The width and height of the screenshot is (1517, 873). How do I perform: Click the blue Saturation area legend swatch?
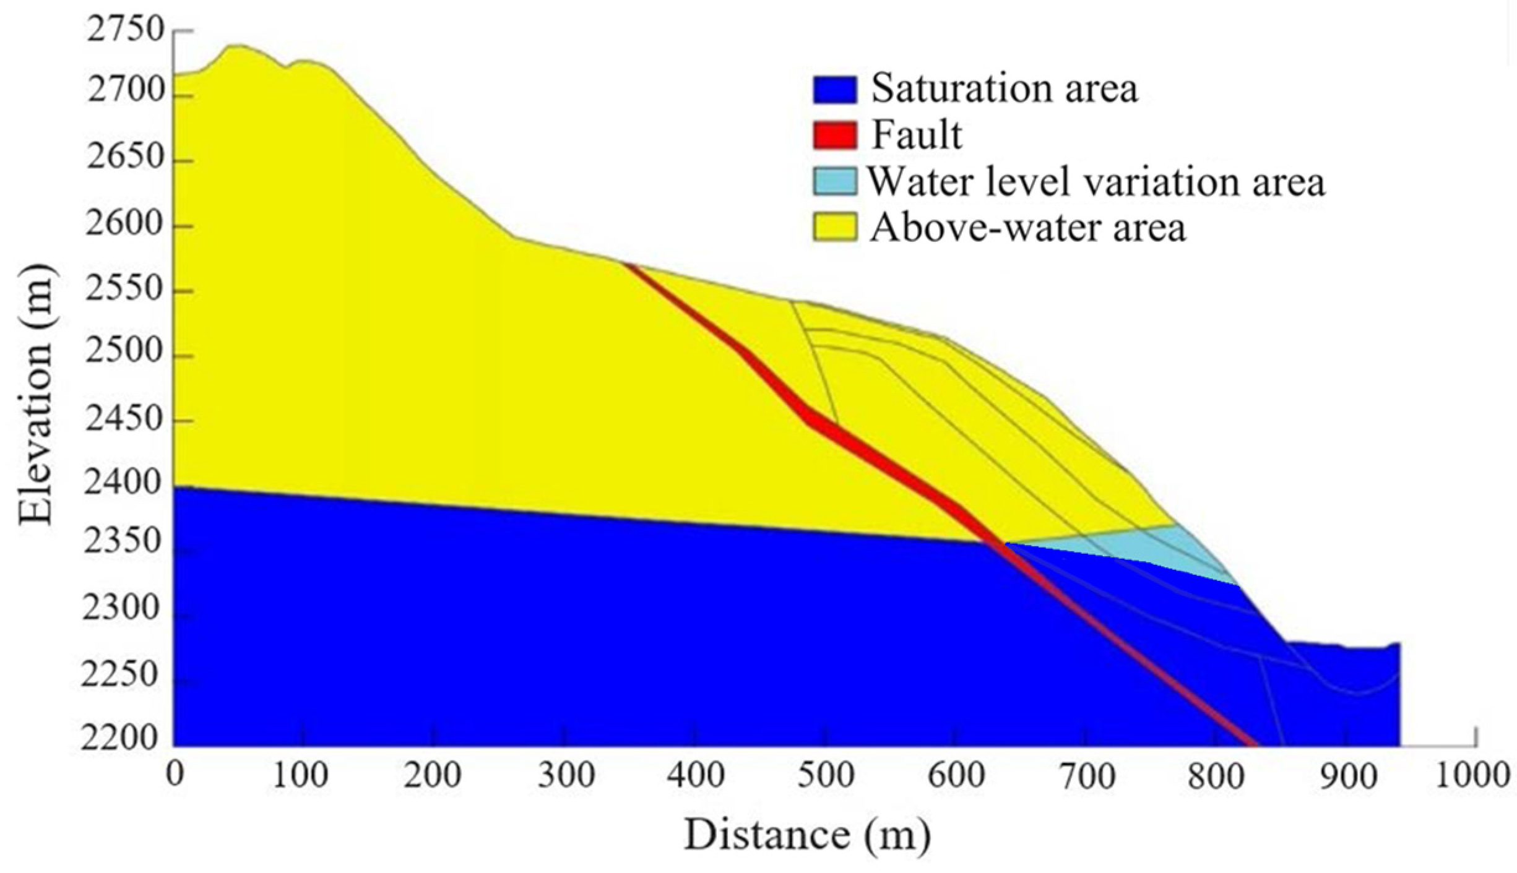(835, 90)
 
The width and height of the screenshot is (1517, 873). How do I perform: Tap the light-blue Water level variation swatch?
(835, 181)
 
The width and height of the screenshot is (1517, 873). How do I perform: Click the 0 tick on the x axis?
(175, 775)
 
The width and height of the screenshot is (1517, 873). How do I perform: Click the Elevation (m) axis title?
(35, 396)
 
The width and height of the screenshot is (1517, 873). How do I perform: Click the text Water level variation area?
(1096, 182)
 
